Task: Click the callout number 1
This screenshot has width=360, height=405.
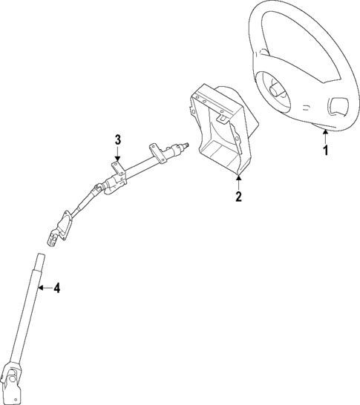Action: pyautogui.click(x=325, y=151)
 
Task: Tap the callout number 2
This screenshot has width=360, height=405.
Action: pyautogui.click(x=238, y=197)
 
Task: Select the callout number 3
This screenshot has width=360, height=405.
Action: pyautogui.click(x=117, y=139)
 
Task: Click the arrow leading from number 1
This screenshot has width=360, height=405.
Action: pyautogui.click(x=325, y=135)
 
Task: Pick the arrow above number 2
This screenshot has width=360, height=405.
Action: pyautogui.click(x=238, y=182)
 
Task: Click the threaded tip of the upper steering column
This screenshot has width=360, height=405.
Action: pyautogui.click(x=188, y=145)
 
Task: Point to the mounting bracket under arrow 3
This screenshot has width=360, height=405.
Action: pyautogui.click(x=117, y=169)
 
